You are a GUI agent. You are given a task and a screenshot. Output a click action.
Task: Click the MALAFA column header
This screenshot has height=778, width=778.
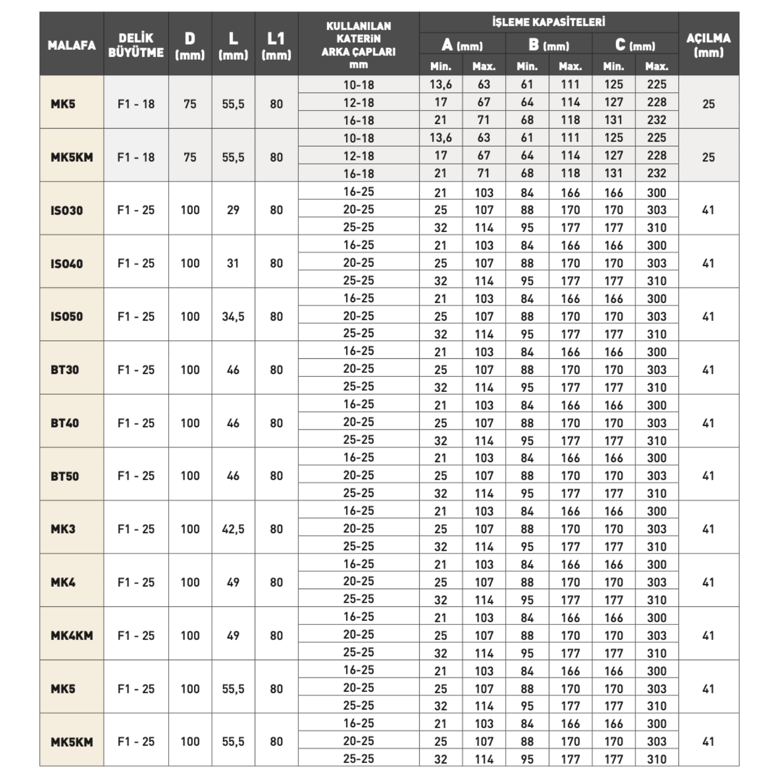tap(72, 45)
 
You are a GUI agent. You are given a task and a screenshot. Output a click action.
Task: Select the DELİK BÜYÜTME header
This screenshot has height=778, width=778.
tap(136, 45)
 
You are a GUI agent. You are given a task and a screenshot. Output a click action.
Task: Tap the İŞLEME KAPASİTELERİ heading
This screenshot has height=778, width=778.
tap(548, 22)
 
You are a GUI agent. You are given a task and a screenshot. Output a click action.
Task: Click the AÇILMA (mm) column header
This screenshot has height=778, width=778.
tap(708, 45)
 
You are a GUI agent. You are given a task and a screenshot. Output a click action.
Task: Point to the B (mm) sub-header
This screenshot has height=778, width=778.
tap(548, 45)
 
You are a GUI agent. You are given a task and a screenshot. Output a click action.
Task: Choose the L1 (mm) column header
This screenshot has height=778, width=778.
tap(276, 45)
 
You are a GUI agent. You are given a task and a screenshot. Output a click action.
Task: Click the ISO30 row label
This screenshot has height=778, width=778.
tap(67, 210)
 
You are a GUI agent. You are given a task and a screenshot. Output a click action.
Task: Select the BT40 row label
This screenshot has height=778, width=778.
tap(65, 423)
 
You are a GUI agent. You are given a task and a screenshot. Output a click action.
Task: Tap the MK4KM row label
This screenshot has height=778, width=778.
tap(72, 635)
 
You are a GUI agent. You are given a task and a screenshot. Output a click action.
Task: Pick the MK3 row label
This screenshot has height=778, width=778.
tap(63, 529)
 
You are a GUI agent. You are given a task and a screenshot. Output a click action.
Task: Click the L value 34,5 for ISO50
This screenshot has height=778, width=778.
tap(233, 316)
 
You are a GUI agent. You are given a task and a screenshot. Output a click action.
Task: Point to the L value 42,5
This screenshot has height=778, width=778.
tap(233, 529)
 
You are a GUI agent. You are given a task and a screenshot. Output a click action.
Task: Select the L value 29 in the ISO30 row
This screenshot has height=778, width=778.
tap(233, 210)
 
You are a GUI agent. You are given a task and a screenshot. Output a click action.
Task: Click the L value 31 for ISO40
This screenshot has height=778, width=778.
tap(233, 263)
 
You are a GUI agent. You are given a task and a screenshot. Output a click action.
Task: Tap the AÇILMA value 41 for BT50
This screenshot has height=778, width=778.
tap(708, 476)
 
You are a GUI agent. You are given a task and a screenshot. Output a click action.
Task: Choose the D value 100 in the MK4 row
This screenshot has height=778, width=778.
tap(190, 582)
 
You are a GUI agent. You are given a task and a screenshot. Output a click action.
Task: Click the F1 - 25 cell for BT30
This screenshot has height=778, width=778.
tap(136, 370)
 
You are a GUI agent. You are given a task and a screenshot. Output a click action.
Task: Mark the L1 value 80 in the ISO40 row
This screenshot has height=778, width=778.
tap(276, 263)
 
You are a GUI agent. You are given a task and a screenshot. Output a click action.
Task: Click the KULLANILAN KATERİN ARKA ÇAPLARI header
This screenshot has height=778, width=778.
tap(358, 45)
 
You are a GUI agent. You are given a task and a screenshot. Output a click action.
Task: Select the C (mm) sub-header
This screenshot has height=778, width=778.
tap(635, 45)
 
